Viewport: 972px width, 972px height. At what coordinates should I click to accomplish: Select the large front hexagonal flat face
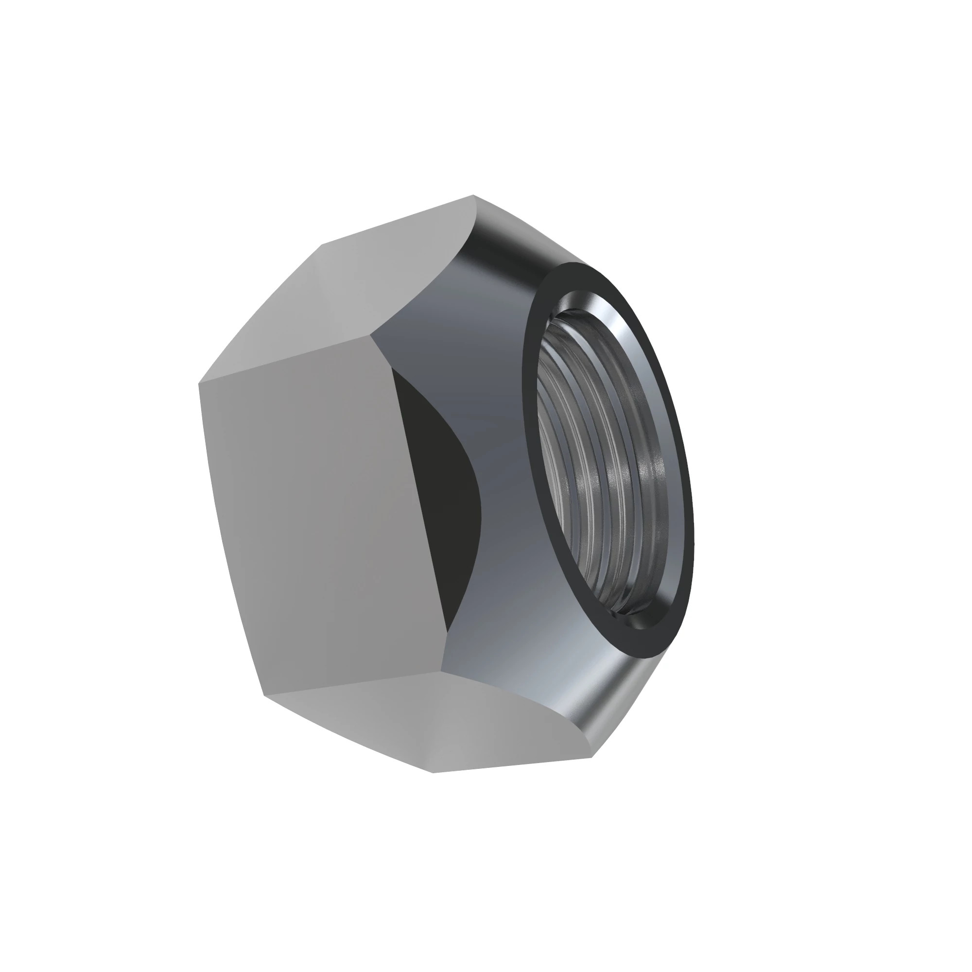click(322, 513)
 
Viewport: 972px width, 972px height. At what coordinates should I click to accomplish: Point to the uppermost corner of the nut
click(473, 195)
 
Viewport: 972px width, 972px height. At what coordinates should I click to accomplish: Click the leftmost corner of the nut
click(199, 384)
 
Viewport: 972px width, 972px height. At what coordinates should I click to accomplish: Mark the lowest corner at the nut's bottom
click(433, 773)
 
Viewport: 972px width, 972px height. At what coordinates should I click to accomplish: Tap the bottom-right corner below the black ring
click(592, 757)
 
